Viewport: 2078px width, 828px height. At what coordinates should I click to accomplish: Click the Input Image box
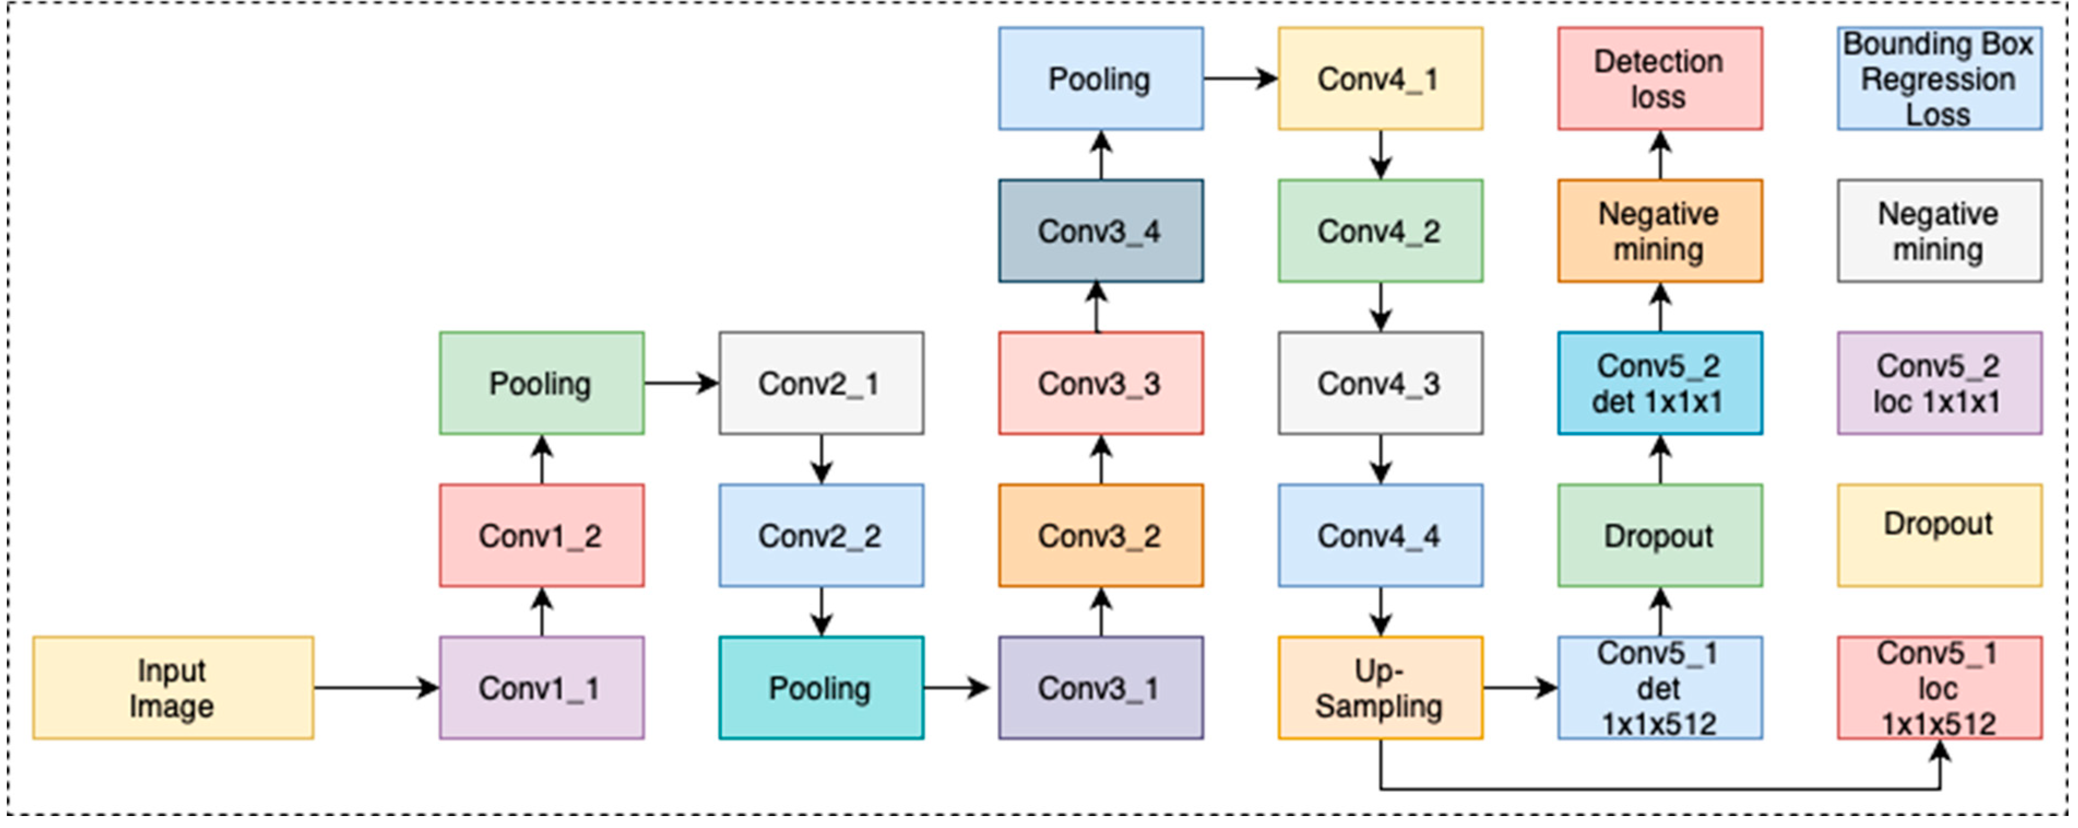pos(173,688)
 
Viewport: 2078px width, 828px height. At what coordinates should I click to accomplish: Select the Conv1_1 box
pos(541,688)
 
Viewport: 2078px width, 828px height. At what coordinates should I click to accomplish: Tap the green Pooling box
pos(541,383)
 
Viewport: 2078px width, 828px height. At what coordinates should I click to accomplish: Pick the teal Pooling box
pos(821,688)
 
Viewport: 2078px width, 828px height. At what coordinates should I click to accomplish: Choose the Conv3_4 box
pos(1100,231)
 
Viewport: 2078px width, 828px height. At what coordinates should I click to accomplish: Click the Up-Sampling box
pos(1380,688)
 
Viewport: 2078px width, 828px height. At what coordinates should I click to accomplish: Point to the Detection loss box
pos(1659,78)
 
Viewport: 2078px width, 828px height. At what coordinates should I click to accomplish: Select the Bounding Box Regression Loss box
pos(1939,78)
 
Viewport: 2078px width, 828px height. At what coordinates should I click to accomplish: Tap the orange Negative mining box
pos(1659,231)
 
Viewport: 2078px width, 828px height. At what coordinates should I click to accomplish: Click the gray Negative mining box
pos(1939,231)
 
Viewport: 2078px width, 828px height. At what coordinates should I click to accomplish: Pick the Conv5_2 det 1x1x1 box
pos(1659,383)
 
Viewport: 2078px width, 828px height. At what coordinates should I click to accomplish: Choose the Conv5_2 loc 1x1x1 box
pos(1939,383)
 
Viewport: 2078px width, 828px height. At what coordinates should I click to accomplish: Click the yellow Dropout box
pos(1939,535)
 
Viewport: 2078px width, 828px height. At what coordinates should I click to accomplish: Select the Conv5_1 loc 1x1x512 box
pos(1939,688)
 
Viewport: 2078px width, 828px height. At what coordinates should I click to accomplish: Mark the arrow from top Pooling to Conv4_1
pos(1240,78)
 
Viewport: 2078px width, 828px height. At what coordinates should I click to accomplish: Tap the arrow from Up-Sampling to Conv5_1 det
pos(1520,688)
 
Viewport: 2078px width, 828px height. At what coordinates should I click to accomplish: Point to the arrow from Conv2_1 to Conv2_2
pos(821,458)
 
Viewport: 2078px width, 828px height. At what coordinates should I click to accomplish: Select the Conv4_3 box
pos(1380,383)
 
